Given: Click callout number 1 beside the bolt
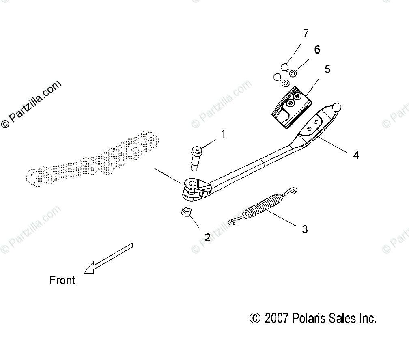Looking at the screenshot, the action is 223,134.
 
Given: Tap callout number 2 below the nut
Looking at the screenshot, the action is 207,237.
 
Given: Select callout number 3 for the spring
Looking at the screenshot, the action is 305,229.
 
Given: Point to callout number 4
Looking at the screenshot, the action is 355,155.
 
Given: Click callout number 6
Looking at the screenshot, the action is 317,50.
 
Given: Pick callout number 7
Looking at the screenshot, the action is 306,34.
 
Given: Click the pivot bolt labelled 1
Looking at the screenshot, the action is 195,160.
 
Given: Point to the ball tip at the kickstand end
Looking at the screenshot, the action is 336,108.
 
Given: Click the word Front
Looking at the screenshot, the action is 62,280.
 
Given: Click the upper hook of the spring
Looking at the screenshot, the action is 292,190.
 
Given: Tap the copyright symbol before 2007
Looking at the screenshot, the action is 254,318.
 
